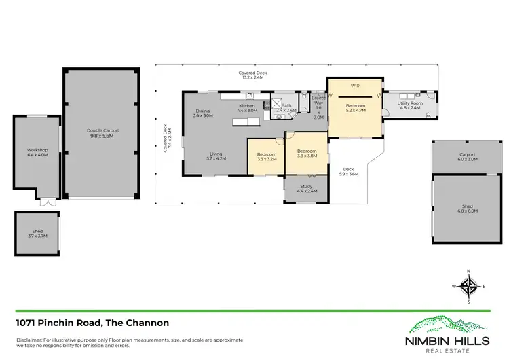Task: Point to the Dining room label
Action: point(203,113)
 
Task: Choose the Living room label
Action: point(216,156)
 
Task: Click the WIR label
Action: point(355,86)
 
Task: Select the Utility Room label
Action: point(411,105)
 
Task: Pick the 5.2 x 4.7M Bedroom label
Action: point(355,107)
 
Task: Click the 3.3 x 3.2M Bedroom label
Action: point(266,157)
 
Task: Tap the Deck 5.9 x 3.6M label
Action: point(348,172)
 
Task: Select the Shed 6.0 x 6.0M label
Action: point(468,209)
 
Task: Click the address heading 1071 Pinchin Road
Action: point(92,323)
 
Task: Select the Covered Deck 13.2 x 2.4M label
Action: point(250,75)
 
